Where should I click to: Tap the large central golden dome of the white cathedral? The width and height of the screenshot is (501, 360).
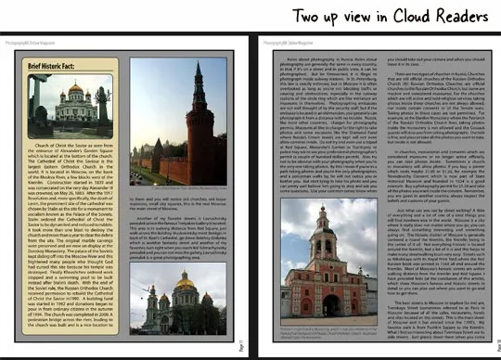click(x=75, y=91)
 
